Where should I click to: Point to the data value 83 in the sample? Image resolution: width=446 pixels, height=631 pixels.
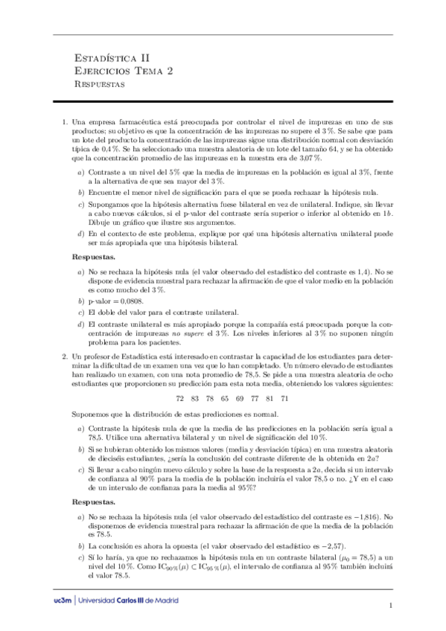(x=196, y=398)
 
